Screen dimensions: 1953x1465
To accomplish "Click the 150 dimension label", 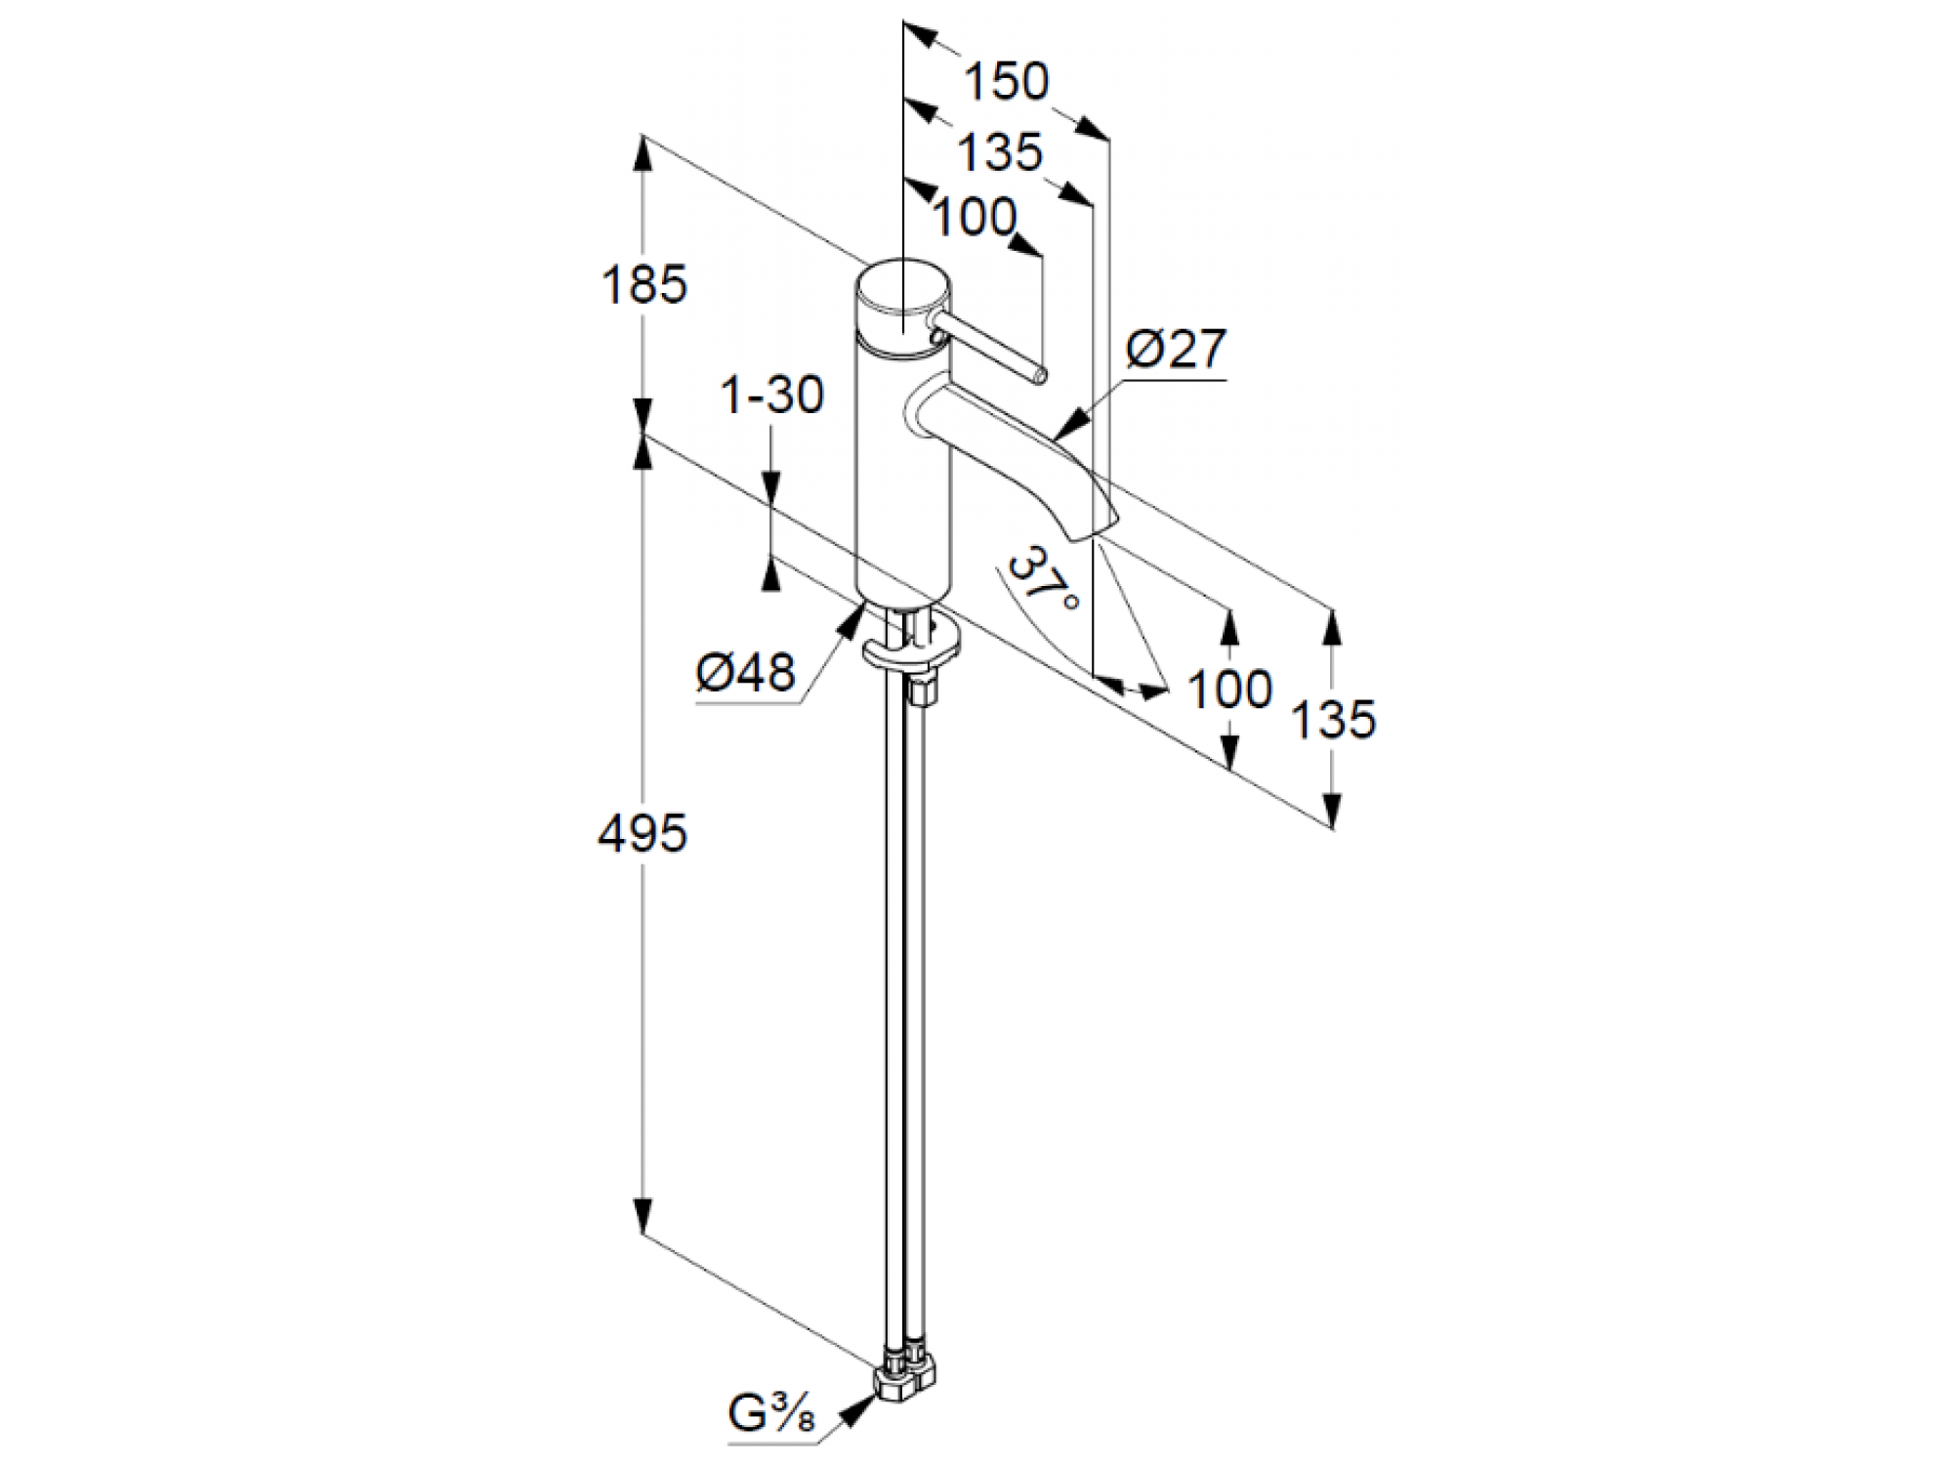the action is (x=1007, y=82).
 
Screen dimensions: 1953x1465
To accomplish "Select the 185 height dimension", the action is (x=644, y=285).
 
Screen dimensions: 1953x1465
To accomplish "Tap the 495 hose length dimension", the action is (x=643, y=834).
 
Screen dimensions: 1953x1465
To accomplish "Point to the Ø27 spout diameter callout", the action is (x=1177, y=349).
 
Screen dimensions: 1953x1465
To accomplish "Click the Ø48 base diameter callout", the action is (x=746, y=673).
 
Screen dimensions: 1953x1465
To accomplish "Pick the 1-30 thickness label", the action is (x=771, y=396).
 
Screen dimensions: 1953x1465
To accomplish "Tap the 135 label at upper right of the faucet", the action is (x=1000, y=153).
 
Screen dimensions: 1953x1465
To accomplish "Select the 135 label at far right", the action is (x=1333, y=720).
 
